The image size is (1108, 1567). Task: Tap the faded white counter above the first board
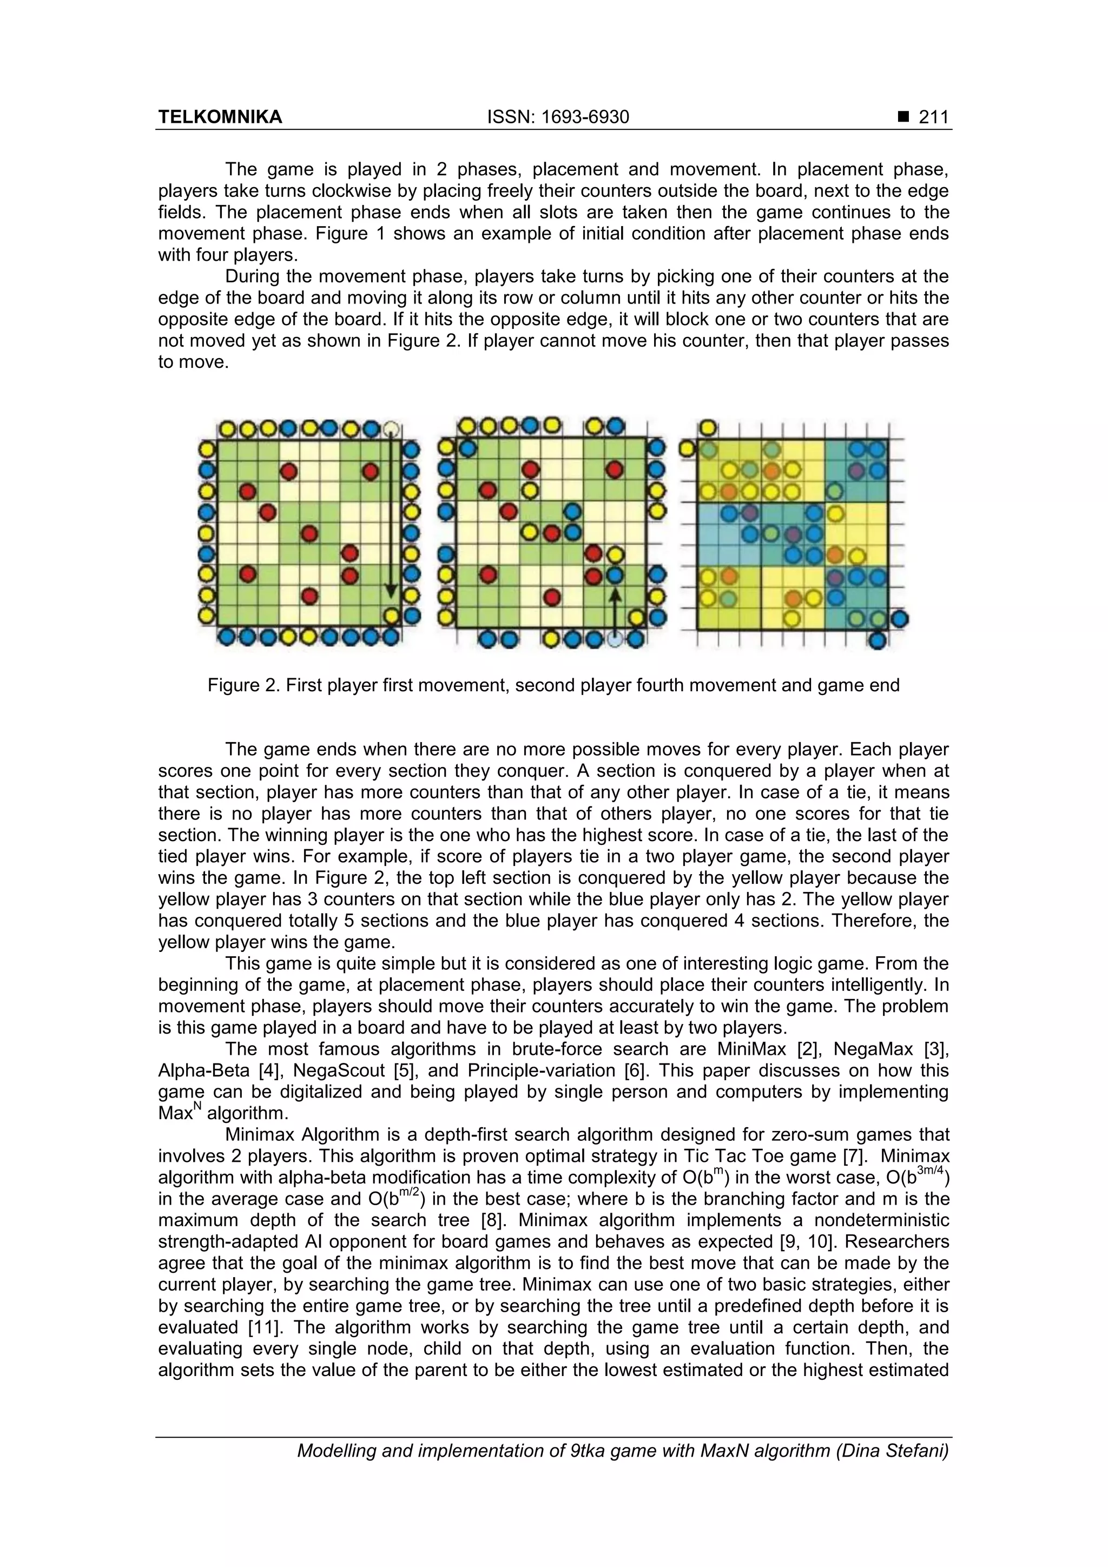[x=391, y=429]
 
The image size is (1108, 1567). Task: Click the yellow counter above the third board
[x=708, y=428]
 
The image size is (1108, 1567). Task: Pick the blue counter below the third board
[x=878, y=640]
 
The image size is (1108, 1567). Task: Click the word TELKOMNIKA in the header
[x=220, y=117]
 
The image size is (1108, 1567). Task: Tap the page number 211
[x=933, y=117]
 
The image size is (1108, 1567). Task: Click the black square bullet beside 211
[x=903, y=117]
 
